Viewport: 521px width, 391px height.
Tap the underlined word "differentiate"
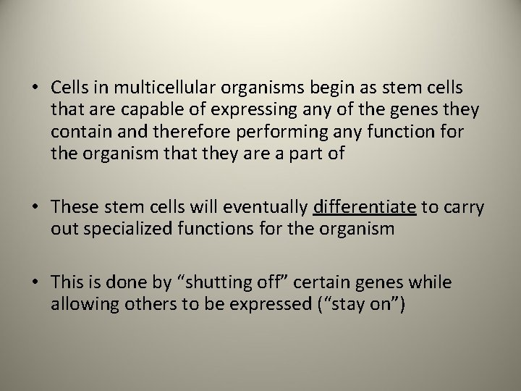(365, 208)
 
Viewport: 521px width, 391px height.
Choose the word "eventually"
(272, 208)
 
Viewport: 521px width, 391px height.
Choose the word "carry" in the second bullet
(462, 208)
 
